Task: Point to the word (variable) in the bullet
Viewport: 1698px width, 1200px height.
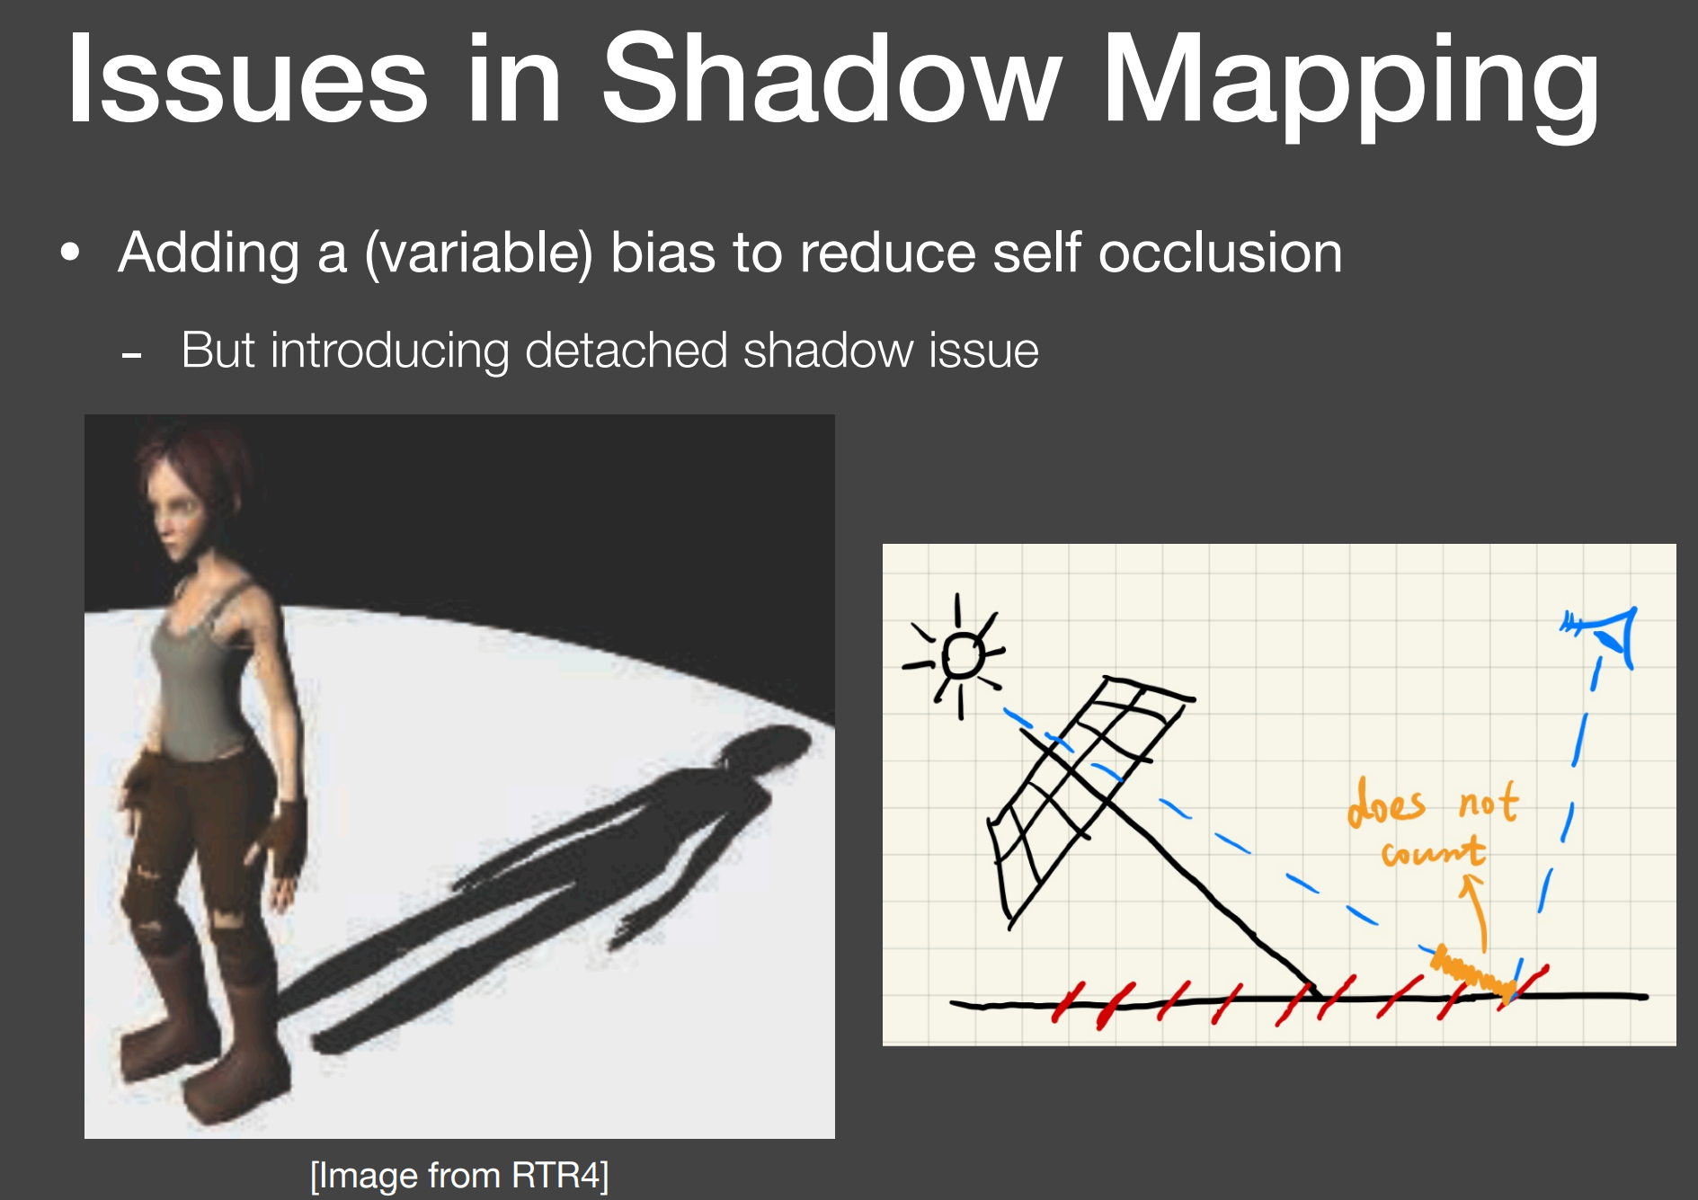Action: click(479, 253)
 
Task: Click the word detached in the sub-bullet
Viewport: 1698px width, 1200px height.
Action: click(626, 350)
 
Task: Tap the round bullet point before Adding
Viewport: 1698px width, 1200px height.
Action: click(70, 253)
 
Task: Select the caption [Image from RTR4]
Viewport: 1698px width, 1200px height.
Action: click(459, 1175)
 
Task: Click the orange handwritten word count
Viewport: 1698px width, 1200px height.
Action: click(1433, 850)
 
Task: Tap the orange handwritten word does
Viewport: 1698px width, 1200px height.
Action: click(1386, 802)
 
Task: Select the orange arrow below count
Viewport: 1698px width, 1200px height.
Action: click(1477, 912)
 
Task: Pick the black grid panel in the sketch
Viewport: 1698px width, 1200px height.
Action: click(1083, 782)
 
